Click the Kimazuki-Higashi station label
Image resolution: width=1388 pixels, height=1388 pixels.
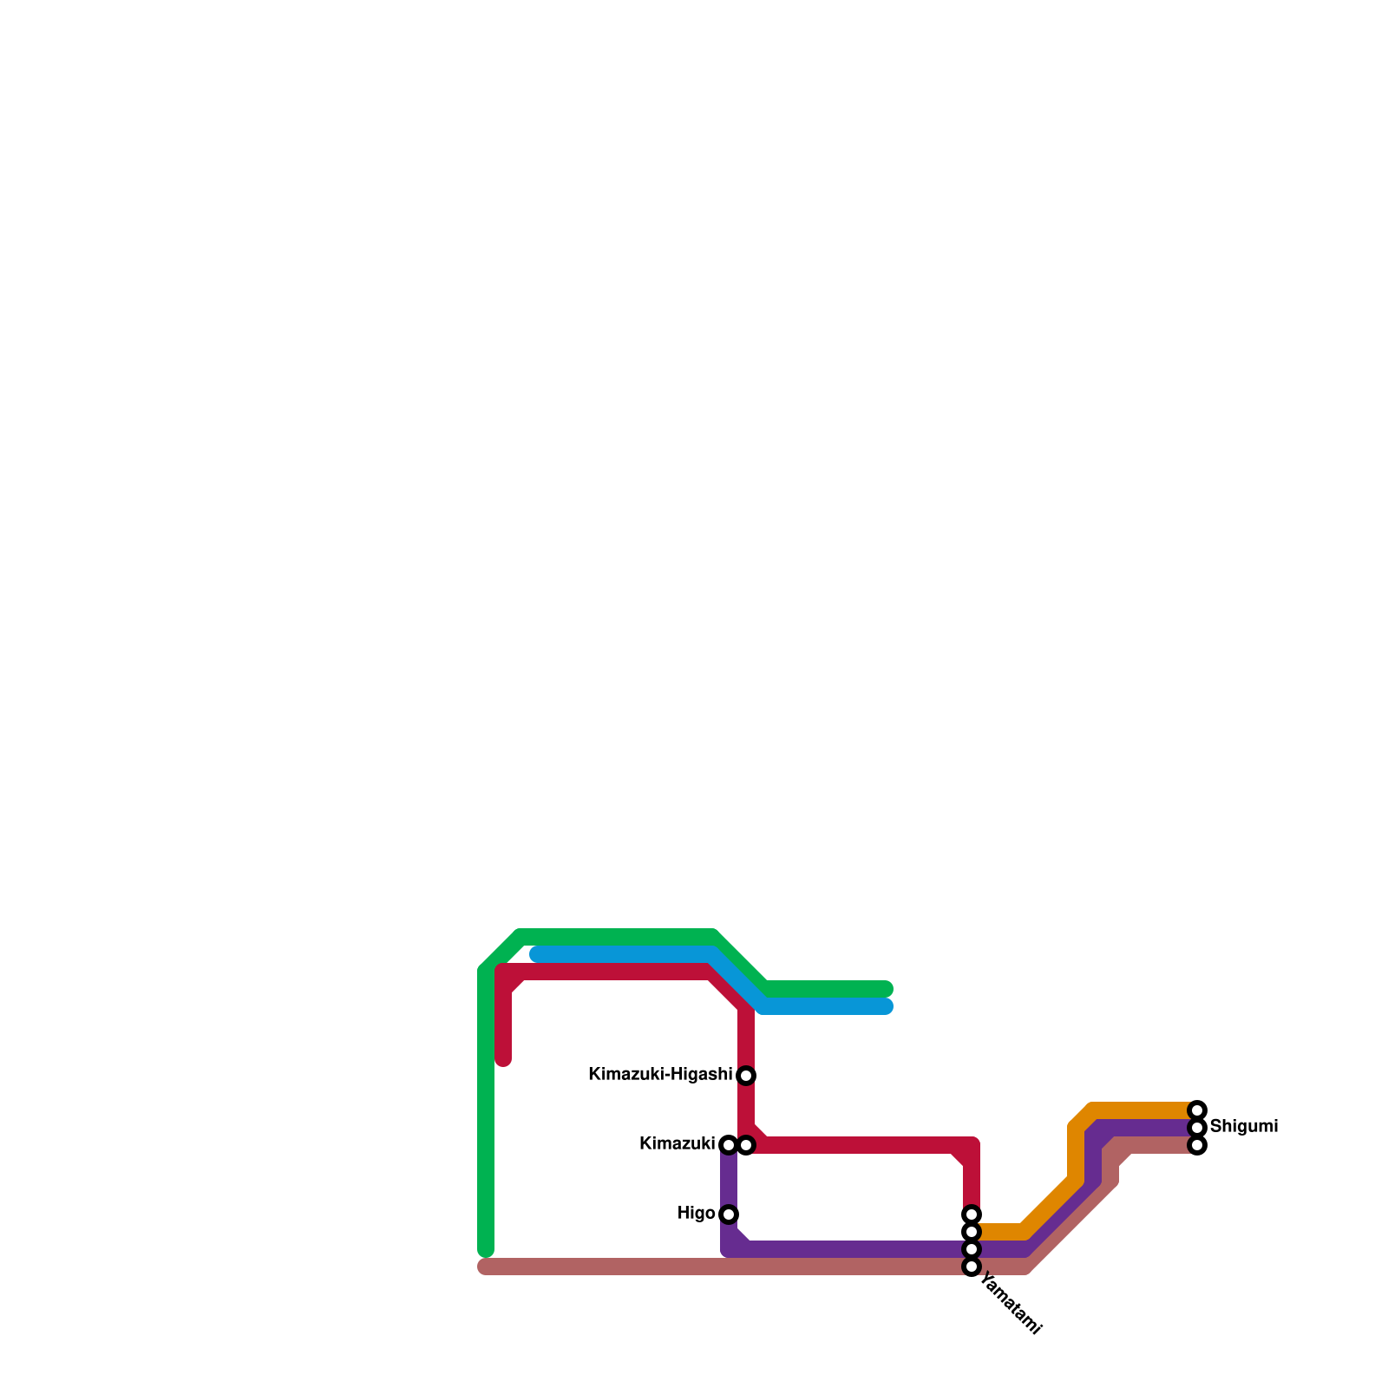[659, 1075]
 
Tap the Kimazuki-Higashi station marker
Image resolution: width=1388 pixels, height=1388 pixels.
[746, 1076]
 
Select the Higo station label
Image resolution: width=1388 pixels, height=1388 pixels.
[696, 1214]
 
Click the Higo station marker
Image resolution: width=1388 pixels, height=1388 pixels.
[729, 1214]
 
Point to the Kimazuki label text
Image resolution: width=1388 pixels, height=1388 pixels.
[677, 1144]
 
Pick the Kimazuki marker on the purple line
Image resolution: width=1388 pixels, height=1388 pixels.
[729, 1145]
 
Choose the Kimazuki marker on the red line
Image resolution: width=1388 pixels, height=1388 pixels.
[746, 1145]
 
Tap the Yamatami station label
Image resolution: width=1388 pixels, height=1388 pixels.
[1010, 1306]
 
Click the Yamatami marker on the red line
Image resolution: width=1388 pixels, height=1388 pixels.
[972, 1214]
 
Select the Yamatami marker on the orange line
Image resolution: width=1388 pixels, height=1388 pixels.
[972, 1232]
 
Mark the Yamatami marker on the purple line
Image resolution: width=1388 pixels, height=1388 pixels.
[972, 1249]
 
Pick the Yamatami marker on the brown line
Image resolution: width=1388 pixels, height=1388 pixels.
[972, 1267]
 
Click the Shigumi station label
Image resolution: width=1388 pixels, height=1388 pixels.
[1243, 1127]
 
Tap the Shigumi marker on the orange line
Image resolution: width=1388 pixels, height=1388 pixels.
[1197, 1110]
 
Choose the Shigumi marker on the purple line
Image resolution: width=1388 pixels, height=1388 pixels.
[1197, 1128]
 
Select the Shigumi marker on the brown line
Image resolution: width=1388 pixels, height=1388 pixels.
[1197, 1145]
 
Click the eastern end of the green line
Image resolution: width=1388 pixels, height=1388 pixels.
[887, 989]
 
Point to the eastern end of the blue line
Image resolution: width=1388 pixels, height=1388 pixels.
[887, 1006]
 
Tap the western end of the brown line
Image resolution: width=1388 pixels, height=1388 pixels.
[484, 1267]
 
